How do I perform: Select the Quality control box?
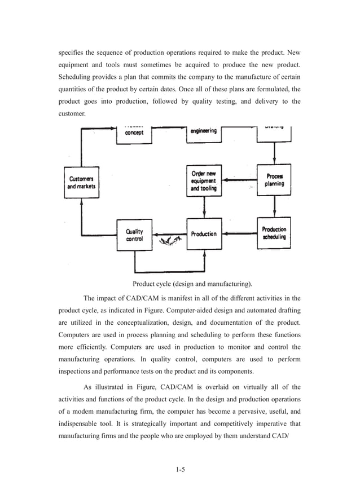pos(134,235)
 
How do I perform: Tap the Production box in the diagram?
pos(203,234)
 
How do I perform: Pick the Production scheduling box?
pos(274,233)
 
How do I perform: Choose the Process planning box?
pos(274,180)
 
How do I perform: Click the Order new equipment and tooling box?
pos(203,180)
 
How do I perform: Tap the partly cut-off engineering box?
pos(203,132)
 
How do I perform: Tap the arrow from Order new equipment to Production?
pos(203,207)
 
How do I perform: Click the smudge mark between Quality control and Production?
pos(170,241)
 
